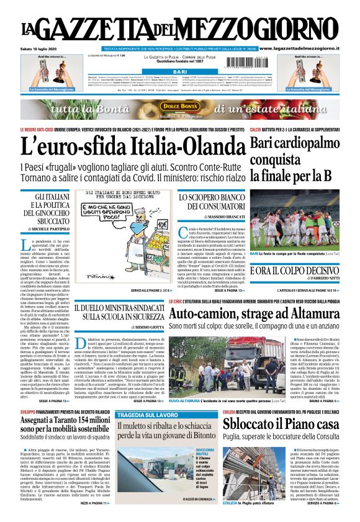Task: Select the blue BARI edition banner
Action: tap(179, 72)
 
